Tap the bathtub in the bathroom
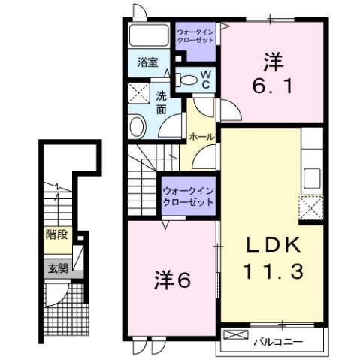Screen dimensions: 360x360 click(149, 35)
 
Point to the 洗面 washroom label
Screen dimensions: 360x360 click(162, 103)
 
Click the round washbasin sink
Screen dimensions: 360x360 click(138, 126)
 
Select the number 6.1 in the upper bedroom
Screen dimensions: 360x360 click(271, 85)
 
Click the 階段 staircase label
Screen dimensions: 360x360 click(56, 234)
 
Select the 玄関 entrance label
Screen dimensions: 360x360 click(57, 266)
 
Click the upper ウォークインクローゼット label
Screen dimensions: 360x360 click(195, 36)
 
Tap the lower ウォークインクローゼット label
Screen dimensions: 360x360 click(187, 197)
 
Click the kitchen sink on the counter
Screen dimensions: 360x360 click(311, 180)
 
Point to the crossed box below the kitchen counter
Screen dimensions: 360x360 click(311, 207)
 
